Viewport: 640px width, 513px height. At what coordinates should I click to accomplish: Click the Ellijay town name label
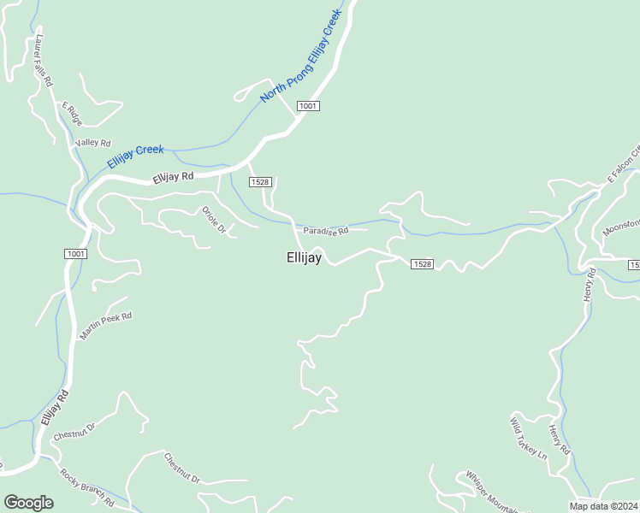[304, 257]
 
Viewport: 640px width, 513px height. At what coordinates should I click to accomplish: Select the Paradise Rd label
[325, 231]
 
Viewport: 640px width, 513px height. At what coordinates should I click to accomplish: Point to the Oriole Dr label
[213, 220]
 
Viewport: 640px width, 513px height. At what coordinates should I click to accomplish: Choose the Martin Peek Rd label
[106, 326]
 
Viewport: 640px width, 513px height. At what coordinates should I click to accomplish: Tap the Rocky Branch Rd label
[86, 486]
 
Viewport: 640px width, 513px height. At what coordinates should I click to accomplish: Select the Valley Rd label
[93, 143]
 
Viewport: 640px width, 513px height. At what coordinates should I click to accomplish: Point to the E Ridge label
[70, 111]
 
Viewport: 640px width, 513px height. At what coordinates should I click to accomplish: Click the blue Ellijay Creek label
[135, 156]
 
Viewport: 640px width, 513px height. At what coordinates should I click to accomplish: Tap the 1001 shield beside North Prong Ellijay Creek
[308, 105]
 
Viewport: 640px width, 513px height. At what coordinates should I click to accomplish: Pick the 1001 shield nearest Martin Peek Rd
[74, 254]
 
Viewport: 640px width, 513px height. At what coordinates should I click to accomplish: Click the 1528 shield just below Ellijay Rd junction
[260, 182]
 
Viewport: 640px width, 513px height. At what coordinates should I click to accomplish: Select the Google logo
[28, 503]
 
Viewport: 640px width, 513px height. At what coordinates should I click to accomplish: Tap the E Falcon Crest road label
[624, 165]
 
